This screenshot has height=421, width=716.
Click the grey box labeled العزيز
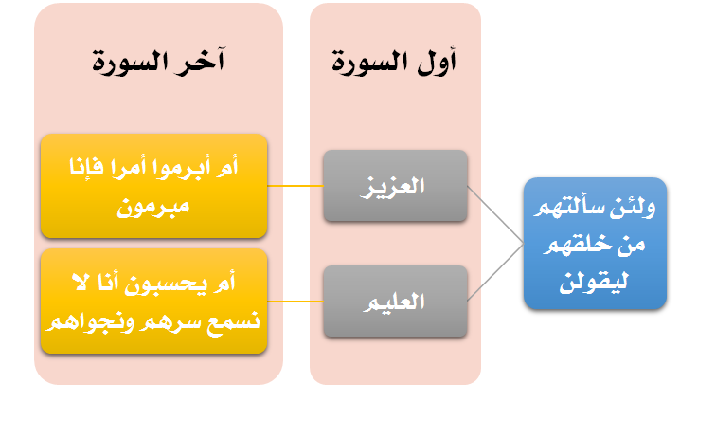coord(396,186)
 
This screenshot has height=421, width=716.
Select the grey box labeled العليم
coord(396,302)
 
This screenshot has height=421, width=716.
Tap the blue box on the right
coord(595,243)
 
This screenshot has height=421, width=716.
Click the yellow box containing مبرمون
coord(153,186)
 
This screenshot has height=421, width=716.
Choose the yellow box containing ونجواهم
coord(153,302)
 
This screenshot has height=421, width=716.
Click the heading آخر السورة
coord(158,62)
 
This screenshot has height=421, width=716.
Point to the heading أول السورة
coord(394,62)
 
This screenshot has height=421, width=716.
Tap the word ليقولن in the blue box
coord(594,282)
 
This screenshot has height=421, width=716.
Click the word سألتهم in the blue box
coord(574,208)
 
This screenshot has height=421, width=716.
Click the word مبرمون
coord(153,207)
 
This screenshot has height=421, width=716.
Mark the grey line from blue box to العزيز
coord(495,214)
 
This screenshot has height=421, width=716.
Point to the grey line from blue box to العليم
coord(495,272)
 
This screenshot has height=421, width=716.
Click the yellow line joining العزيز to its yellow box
coord(295,186)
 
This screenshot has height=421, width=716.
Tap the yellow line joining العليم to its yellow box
coord(295,302)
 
